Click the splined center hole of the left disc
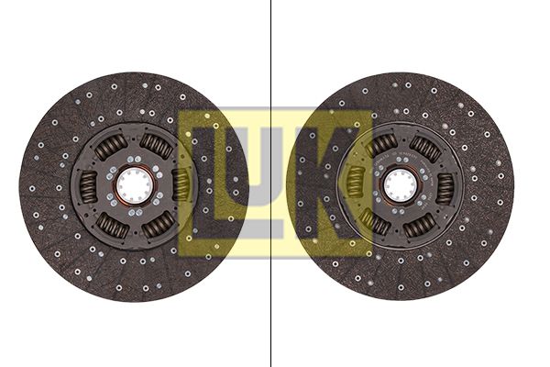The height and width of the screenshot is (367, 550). click(135, 186)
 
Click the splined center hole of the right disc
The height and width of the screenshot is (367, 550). click(401, 186)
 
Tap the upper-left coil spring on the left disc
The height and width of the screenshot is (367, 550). click(111, 147)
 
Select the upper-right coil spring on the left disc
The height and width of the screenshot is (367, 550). click(157, 146)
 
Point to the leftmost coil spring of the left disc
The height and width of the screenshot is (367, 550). click(88, 186)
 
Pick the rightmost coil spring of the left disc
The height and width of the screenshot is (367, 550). click(181, 185)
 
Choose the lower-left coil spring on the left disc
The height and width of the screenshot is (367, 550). click(112, 226)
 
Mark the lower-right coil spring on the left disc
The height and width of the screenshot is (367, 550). click(159, 225)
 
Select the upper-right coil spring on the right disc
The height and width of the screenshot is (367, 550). click(425, 149)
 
